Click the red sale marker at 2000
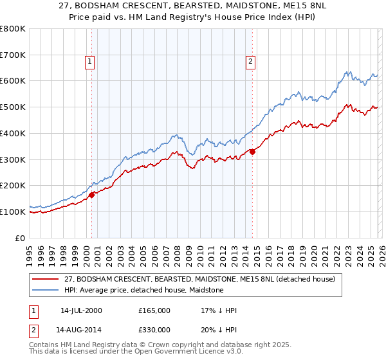coord(92,194)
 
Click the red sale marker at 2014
coord(252,152)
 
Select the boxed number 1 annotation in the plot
coord(89,62)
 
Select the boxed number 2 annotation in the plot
coord(250,62)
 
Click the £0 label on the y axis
coord(19,238)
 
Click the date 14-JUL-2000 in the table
coord(81,310)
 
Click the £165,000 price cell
coord(154,310)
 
